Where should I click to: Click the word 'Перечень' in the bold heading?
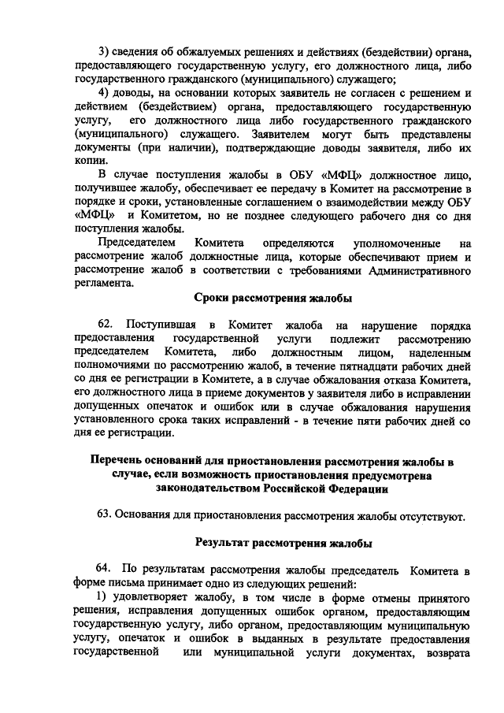click(x=120, y=461)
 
